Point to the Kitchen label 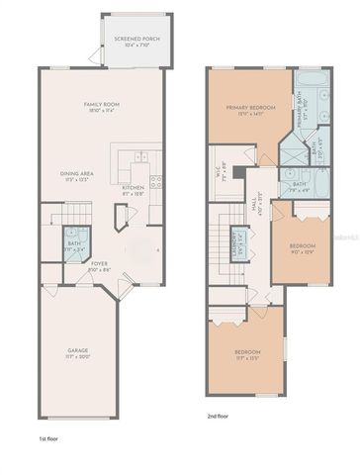coord(134,190)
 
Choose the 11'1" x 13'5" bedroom coord(246,357)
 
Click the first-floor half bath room coord(73,245)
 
